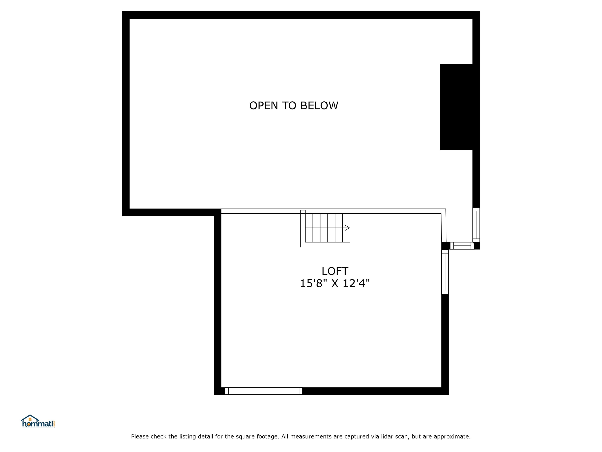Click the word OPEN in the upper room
pos(263,106)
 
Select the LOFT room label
pos(335,271)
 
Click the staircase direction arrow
pos(347,228)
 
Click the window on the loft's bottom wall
pos(263,391)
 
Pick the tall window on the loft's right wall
pos(445,272)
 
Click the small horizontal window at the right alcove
pos(462,246)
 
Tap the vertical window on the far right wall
pos(476,225)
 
